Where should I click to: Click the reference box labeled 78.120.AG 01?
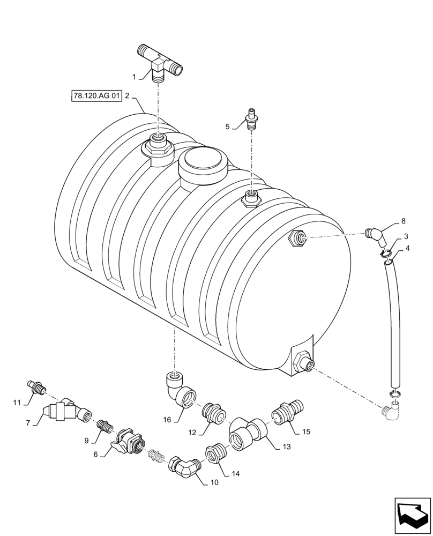95,96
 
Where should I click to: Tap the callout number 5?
228,127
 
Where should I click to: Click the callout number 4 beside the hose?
408,248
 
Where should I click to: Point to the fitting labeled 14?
215,454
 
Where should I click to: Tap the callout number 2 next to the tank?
128,96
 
